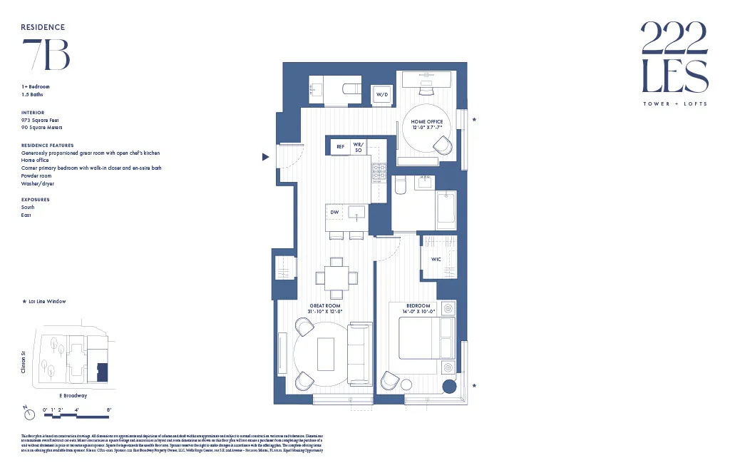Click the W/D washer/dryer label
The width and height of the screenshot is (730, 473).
pos(382,94)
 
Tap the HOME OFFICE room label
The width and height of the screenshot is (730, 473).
pos(426,122)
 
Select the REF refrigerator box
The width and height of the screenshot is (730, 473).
pos(340,147)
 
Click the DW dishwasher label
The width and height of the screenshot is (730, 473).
pos(334,212)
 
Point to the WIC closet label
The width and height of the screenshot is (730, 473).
pos(436,260)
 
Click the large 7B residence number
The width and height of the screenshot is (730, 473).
pos(46,54)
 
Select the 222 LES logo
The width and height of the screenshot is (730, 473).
pos(674,58)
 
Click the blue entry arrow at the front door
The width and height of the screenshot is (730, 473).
pos(266,157)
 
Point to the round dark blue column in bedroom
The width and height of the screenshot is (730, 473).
pos(450,387)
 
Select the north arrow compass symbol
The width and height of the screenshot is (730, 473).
pos(26,413)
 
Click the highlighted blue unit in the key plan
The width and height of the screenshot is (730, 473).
pos(103,372)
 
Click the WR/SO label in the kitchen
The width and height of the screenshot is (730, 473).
pos(358,147)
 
